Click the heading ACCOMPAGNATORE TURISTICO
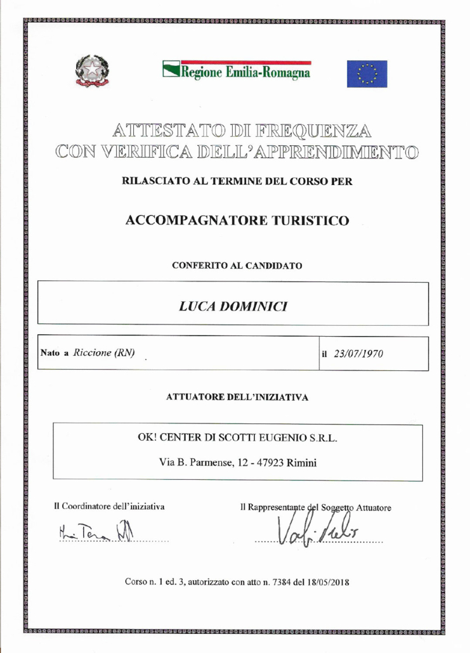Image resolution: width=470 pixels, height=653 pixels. [x=237, y=221]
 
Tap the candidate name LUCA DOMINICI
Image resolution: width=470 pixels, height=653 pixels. [x=233, y=306]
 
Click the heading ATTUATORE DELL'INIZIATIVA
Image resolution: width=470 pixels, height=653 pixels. [x=237, y=398]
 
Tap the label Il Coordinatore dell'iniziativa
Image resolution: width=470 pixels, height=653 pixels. [x=110, y=507]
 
